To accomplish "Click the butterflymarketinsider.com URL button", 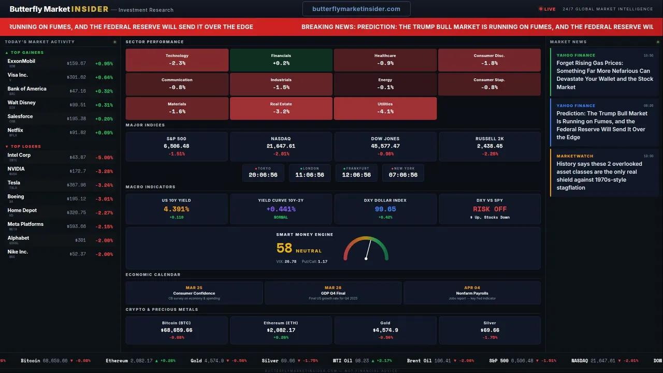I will click(x=356, y=9).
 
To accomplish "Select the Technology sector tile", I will click(x=177, y=60).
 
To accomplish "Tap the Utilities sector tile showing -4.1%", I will click(x=385, y=108).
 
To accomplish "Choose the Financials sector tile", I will click(x=281, y=60).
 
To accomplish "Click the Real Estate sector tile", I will click(x=281, y=108).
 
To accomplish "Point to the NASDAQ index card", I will click(x=281, y=146).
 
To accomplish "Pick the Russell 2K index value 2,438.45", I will click(x=489, y=146).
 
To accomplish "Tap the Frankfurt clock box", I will click(x=356, y=173).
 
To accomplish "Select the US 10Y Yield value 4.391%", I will click(x=176, y=209).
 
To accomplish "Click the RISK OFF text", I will click(x=489, y=209).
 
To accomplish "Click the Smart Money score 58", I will click(x=284, y=249).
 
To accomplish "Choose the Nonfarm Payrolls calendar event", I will click(x=472, y=293).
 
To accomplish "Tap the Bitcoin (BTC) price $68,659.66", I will click(x=176, y=330).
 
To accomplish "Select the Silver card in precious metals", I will click(x=489, y=330).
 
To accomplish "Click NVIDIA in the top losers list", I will click(x=16, y=169).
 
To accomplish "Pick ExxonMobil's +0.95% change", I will click(x=104, y=64).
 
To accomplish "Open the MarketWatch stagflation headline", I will click(x=599, y=176).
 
